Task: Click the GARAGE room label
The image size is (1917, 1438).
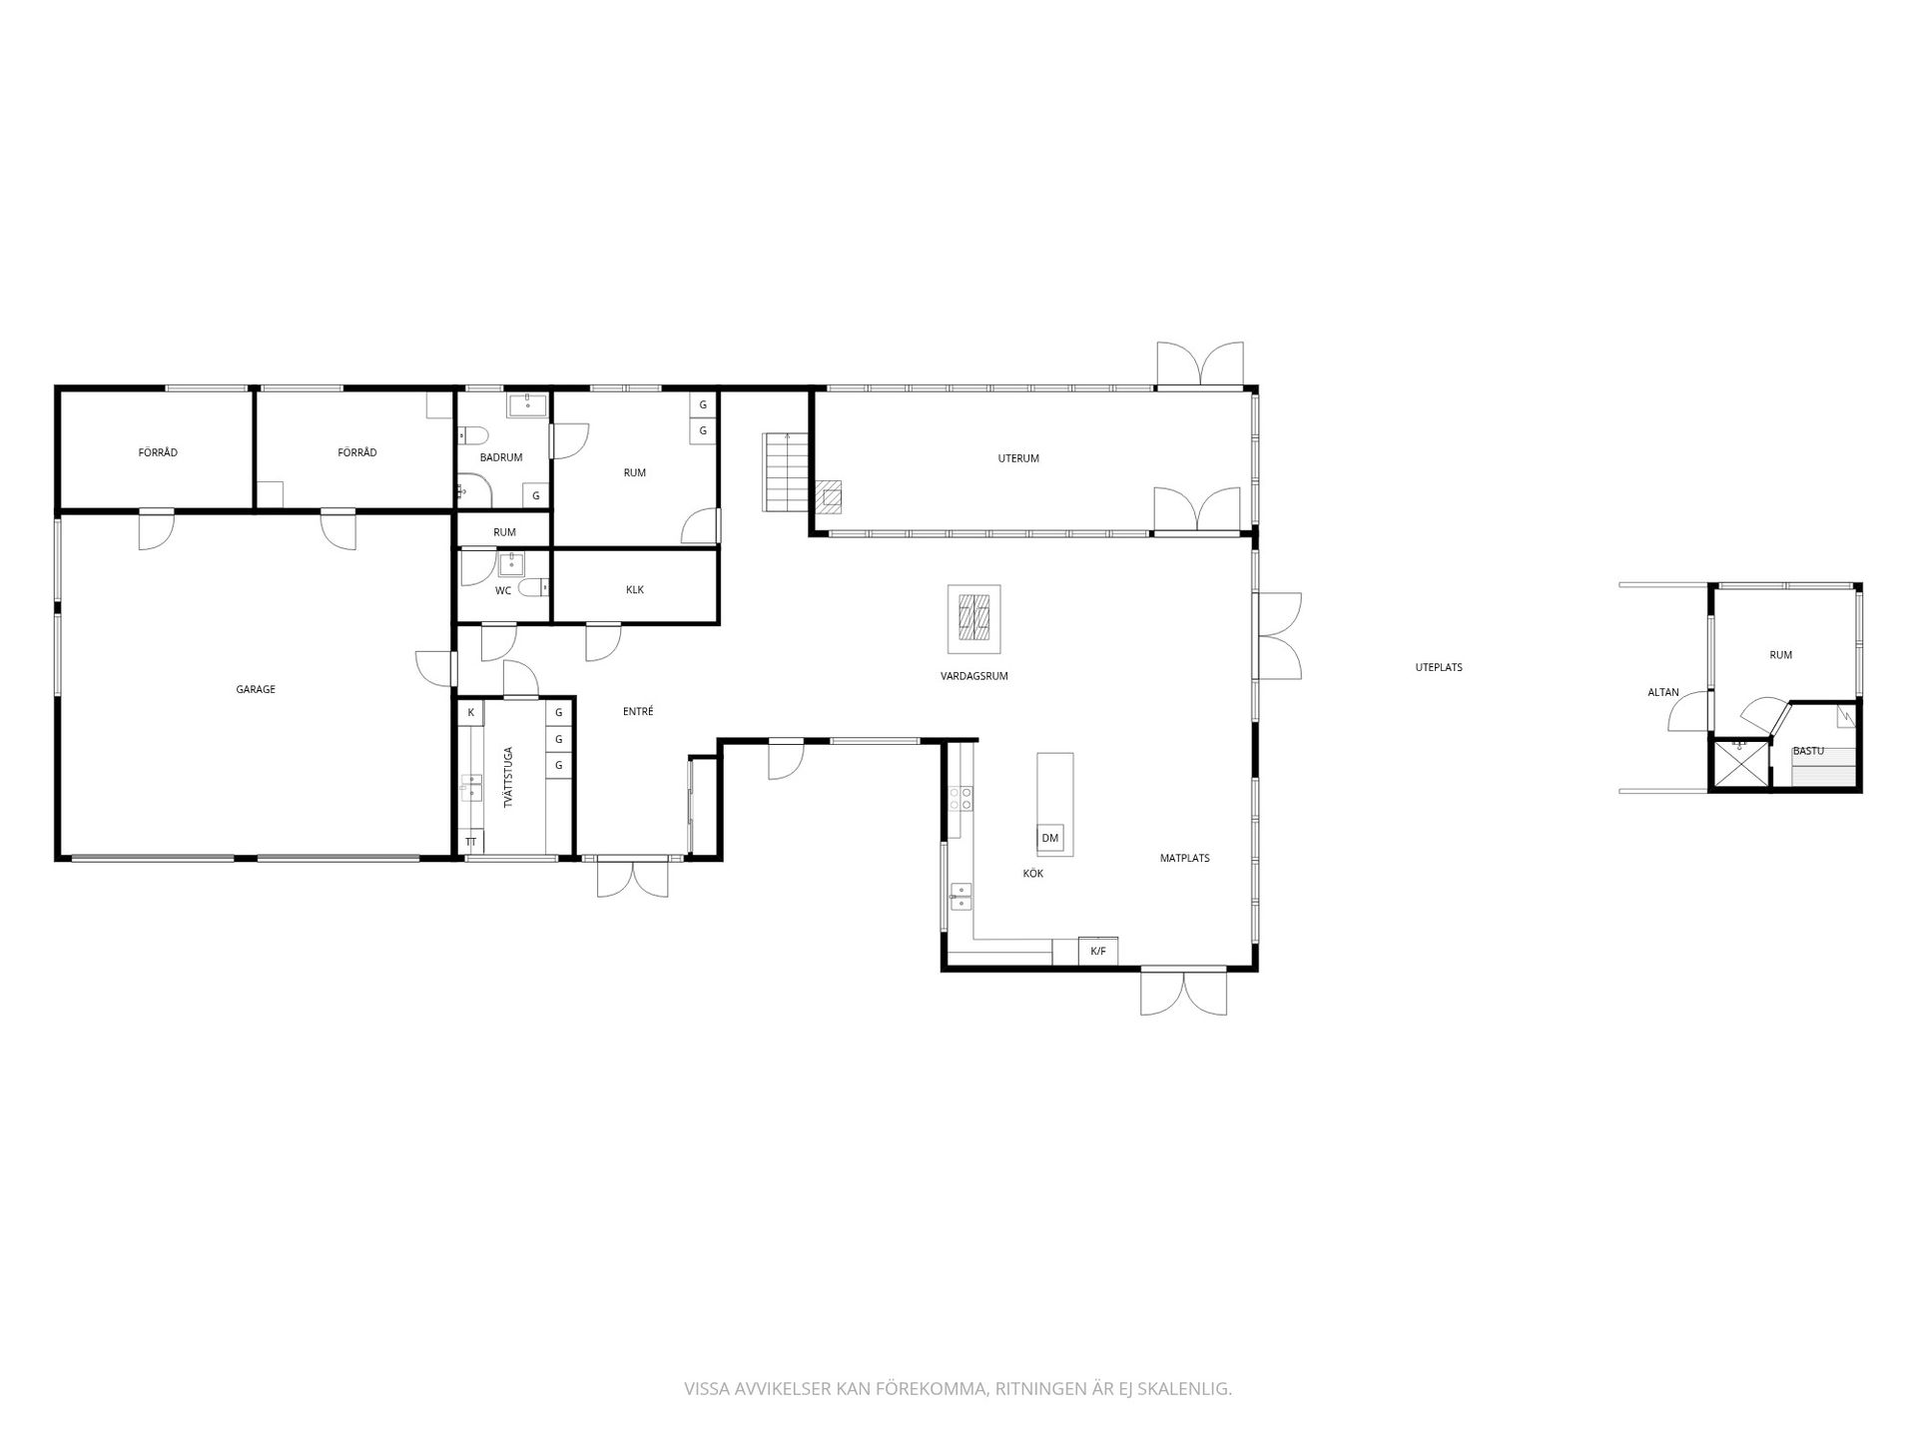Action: [x=256, y=689]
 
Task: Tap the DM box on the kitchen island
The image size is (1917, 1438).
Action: [x=1049, y=838]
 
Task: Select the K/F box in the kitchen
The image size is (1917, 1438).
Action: [x=1097, y=951]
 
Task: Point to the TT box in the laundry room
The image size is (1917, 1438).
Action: [x=470, y=843]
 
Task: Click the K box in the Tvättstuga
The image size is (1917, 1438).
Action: [x=470, y=712]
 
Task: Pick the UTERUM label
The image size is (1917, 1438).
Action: [x=1018, y=458]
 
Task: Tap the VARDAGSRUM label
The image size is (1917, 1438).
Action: [x=973, y=676]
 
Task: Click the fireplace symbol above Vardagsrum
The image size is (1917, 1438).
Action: [x=973, y=618]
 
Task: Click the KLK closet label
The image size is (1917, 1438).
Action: [x=635, y=589]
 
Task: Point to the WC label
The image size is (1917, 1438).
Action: [x=503, y=591]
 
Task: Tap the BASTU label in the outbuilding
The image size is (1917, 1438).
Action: [x=1808, y=750]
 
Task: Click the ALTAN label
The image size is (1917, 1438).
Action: [x=1663, y=692]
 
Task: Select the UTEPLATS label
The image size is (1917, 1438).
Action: [x=1439, y=667]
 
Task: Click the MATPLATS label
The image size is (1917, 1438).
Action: [x=1185, y=858]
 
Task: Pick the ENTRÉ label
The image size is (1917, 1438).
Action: [x=638, y=711]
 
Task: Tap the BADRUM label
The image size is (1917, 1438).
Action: [x=501, y=457]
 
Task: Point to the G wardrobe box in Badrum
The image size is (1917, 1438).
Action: [x=536, y=495]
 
